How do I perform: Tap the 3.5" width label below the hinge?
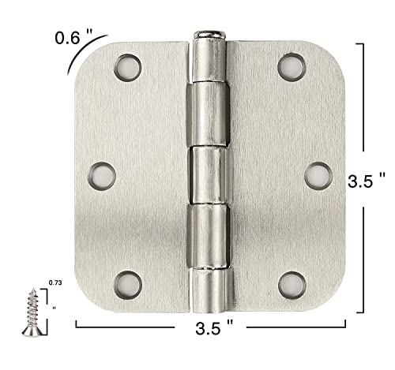215,325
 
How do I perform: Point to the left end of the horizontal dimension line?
76,323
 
